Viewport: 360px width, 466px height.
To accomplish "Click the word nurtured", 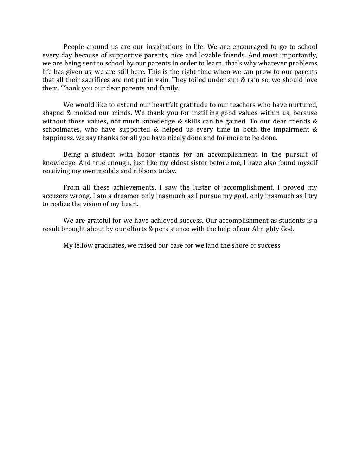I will click(x=303, y=105).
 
